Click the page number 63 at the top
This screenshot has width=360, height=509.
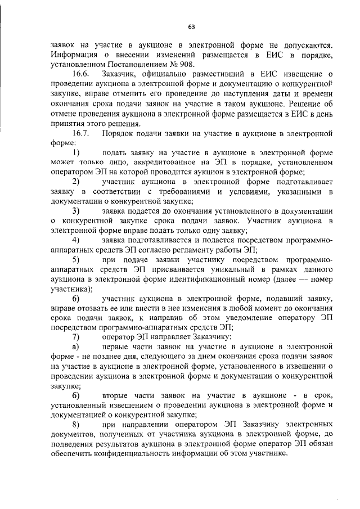tap(191, 26)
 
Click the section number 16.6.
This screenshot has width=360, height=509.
tap(83, 74)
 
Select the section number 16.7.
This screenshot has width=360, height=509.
tap(83, 133)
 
